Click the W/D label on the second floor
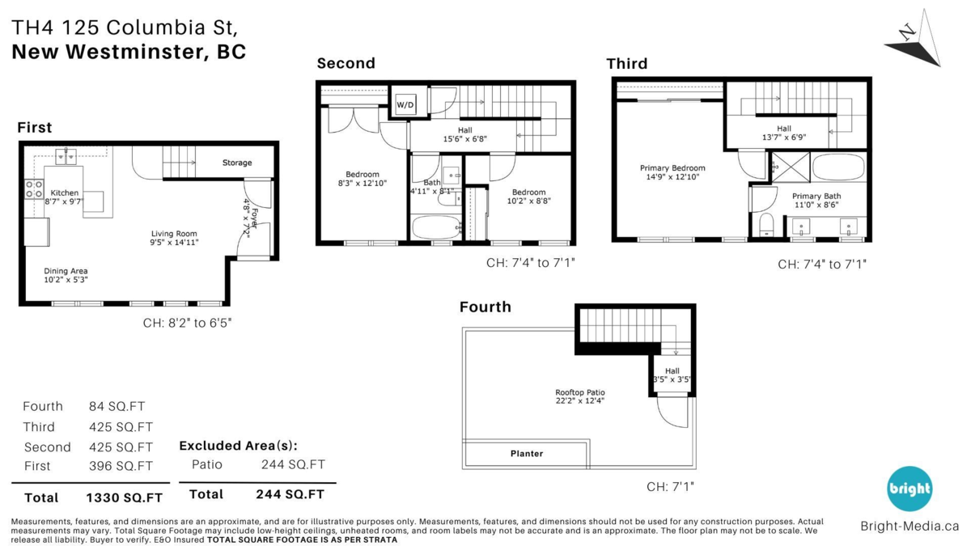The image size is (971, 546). [405, 105]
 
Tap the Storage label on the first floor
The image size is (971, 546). [237, 163]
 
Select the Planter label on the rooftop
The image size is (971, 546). [527, 454]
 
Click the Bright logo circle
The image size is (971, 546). [910, 489]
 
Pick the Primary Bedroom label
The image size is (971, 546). [672, 168]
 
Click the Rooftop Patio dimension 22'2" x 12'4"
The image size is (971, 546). [580, 401]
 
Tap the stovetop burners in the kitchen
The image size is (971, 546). [34, 189]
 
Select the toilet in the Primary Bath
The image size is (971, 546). [766, 224]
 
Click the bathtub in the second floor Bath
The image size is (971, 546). [435, 227]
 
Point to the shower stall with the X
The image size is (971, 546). [791, 167]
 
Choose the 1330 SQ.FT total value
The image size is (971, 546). [125, 498]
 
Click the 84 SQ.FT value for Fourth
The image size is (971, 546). [117, 406]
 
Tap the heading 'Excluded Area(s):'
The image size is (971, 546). [239, 446]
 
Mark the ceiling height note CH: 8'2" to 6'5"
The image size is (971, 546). [187, 323]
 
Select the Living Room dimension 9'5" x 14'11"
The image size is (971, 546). [174, 243]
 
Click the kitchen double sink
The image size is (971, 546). [66, 156]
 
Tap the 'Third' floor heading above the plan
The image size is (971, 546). [627, 64]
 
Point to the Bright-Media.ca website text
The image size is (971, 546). [910, 526]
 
